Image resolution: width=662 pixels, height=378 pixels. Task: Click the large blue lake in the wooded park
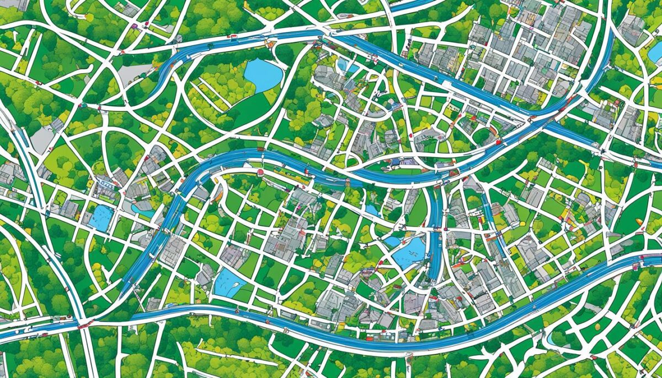[263, 74]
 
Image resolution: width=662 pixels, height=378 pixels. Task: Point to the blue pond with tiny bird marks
[410, 253]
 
